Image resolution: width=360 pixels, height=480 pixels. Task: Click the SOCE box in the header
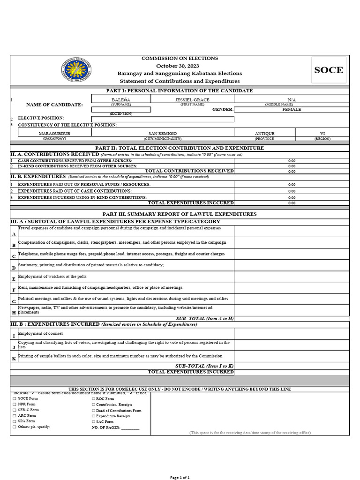coord(329,70)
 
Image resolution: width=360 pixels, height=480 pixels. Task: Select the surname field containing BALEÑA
coord(120,100)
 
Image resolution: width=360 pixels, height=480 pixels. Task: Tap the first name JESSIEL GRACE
coord(192,100)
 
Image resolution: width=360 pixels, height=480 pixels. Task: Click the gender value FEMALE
coord(292,109)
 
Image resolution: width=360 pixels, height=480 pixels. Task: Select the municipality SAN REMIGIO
coord(163,134)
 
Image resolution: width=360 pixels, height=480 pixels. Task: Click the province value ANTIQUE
coord(264,134)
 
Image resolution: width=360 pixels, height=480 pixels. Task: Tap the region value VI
coord(322,134)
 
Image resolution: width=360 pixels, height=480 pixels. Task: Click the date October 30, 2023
coord(180,66)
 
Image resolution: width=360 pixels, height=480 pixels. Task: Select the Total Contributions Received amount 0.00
coord(292,172)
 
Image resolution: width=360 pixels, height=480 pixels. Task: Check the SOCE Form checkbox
coord(15,398)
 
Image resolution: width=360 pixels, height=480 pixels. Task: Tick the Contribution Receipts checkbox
coord(94,404)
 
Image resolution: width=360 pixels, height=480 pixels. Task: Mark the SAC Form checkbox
coord(94,422)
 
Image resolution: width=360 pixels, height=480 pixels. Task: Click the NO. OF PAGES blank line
coord(130,428)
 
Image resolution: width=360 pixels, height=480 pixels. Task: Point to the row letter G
coord(14,301)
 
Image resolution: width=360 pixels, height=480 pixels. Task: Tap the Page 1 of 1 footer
coord(180,477)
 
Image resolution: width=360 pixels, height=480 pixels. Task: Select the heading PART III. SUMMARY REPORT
coord(180,214)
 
